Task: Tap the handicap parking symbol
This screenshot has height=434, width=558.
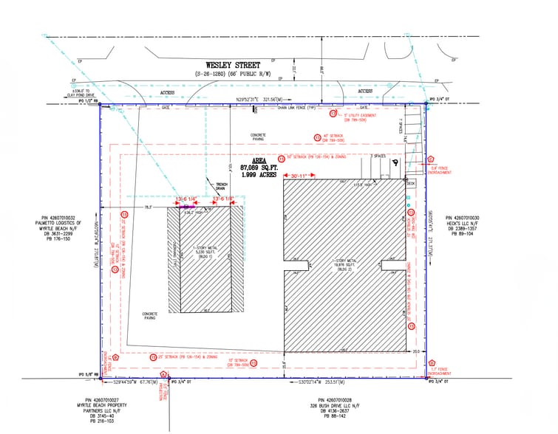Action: point(396,164)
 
